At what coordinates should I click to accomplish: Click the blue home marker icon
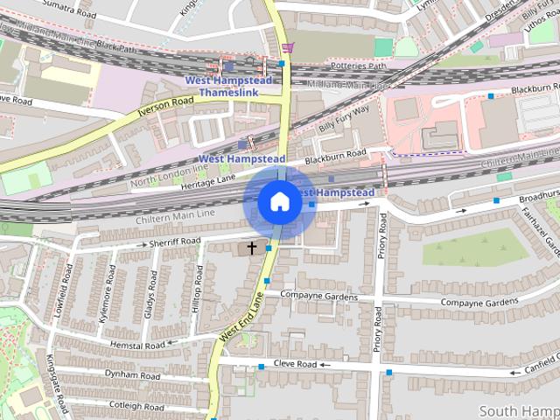pos(279,202)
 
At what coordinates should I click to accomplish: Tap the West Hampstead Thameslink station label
pos(228,87)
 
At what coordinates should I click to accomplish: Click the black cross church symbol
pos(252,248)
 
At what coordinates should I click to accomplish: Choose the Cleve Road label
pos(294,364)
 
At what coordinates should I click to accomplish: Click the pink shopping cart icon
pos(288,47)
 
